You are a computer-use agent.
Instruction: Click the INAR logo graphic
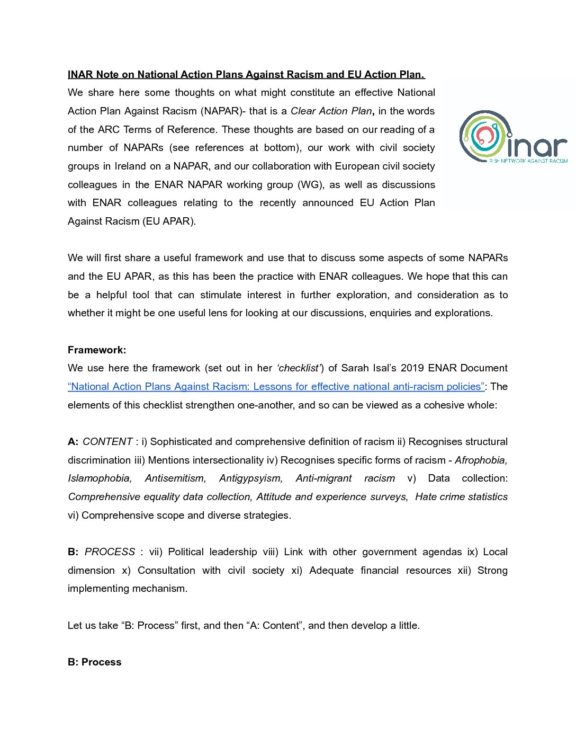[x=512, y=137]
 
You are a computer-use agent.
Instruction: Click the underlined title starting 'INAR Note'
[x=246, y=75]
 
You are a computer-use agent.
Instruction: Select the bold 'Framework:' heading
[x=97, y=350]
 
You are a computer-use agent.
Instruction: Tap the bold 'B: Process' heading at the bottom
[x=95, y=662]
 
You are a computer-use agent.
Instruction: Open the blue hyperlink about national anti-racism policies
[x=276, y=387]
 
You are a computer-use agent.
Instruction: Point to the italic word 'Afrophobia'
[x=481, y=460]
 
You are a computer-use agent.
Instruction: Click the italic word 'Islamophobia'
[x=100, y=478]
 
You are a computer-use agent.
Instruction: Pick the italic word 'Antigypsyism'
[x=251, y=478]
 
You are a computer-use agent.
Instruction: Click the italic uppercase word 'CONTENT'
[x=107, y=442]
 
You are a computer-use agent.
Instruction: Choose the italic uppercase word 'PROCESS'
[x=110, y=552]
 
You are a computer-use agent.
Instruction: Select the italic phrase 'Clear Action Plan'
[x=331, y=111]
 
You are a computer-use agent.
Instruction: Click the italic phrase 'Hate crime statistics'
[x=461, y=497]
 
